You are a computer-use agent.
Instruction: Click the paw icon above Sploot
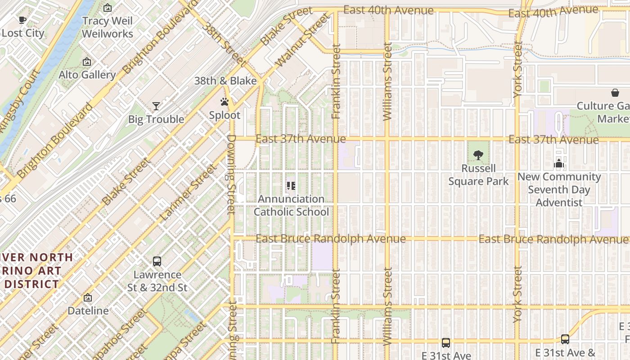tap(225, 102)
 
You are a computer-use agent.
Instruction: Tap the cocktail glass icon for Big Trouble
tap(156, 106)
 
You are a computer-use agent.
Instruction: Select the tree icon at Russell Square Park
tap(478, 156)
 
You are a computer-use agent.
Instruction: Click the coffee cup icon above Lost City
tap(22, 20)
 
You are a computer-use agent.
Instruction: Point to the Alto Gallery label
tap(87, 75)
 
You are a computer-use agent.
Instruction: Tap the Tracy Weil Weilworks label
tap(108, 27)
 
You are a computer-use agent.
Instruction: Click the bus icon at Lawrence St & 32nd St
tap(157, 261)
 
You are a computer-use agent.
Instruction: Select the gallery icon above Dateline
tap(88, 298)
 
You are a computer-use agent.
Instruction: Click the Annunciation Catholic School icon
tap(291, 186)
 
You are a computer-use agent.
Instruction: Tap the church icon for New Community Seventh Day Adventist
tap(559, 164)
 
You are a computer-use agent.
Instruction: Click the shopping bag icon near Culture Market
tap(615, 93)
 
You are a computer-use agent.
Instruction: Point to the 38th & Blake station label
tap(225, 81)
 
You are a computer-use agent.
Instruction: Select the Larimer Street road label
tap(188, 193)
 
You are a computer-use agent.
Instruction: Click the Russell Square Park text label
tap(478, 175)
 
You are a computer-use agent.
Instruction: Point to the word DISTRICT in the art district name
tap(31, 284)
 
